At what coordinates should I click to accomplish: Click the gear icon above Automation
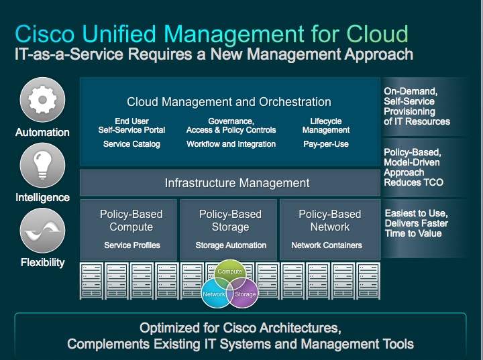(x=42, y=100)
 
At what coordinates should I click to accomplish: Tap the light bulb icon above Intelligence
(x=42, y=166)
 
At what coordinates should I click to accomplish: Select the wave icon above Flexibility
(x=42, y=231)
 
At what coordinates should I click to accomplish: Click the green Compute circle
(x=229, y=274)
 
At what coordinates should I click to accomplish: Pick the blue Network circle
(x=215, y=294)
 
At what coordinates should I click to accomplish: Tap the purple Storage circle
(x=245, y=294)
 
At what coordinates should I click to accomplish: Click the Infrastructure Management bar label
(x=237, y=183)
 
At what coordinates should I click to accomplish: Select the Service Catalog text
(x=131, y=144)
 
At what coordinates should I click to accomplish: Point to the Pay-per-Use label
(x=326, y=144)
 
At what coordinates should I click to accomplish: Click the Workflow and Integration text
(x=231, y=144)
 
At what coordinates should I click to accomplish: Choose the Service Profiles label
(x=132, y=245)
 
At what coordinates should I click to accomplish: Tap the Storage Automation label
(x=231, y=245)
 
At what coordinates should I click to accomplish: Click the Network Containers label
(x=327, y=245)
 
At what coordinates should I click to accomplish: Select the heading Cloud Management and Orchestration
(x=229, y=102)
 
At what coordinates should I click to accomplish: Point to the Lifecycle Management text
(x=326, y=125)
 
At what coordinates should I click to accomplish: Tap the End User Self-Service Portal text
(x=131, y=125)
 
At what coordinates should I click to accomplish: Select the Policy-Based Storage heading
(x=230, y=221)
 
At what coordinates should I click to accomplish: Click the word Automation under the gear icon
(x=42, y=133)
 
